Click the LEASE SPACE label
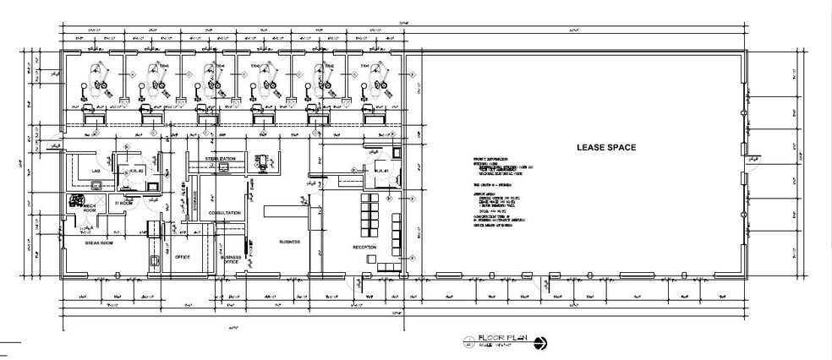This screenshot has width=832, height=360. [605, 147]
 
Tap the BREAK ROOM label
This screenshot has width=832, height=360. [100, 243]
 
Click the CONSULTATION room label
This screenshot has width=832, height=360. [226, 213]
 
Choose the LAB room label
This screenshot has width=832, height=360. [96, 171]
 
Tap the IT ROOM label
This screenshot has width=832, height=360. [125, 204]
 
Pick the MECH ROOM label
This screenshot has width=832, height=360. [90, 209]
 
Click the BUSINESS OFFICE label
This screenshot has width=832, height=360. [231, 259]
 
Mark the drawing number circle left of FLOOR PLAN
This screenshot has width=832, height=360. [468, 342]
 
